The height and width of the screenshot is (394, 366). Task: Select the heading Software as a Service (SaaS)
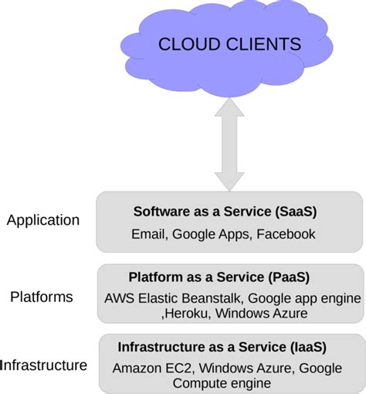pyautogui.click(x=225, y=211)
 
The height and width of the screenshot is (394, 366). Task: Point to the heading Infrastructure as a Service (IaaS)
pyautogui.click(x=222, y=346)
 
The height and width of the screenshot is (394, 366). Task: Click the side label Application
pyautogui.click(x=43, y=220)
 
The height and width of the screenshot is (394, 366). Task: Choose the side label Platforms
pyautogui.click(x=42, y=297)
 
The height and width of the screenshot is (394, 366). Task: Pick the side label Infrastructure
pyautogui.click(x=44, y=365)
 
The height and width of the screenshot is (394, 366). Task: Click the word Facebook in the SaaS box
pyautogui.click(x=286, y=234)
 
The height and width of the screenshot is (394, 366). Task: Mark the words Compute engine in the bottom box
pyautogui.click(x=222, y=383)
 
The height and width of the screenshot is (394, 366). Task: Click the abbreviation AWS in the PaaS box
pyautogui.click(x=119, y=297)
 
